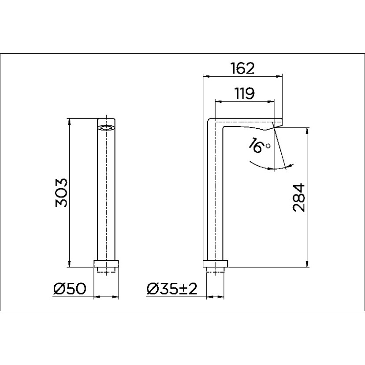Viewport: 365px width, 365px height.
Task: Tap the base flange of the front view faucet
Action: (106, 264)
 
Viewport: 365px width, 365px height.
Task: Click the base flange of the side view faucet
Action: (216, 264)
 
